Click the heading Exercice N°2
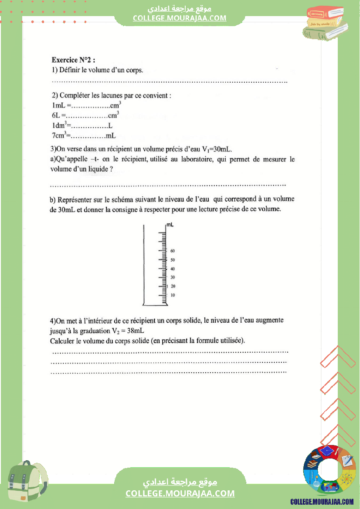(x=73, y=60)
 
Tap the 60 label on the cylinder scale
(x=173, y=251)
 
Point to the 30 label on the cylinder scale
(x=173, y=277)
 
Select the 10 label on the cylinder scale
(x=173, y=295)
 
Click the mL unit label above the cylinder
(x=170, y=225)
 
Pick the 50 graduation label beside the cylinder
(x=173, y=260)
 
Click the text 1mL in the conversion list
(x=58, y=106)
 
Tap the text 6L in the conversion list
(x=56, y=116)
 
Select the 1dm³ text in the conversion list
(x=58, y=126)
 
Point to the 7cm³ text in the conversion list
(x=58, y=135)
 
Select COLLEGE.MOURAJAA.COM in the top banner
(x=180, y=18)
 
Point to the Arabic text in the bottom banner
(x=180, y=482)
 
